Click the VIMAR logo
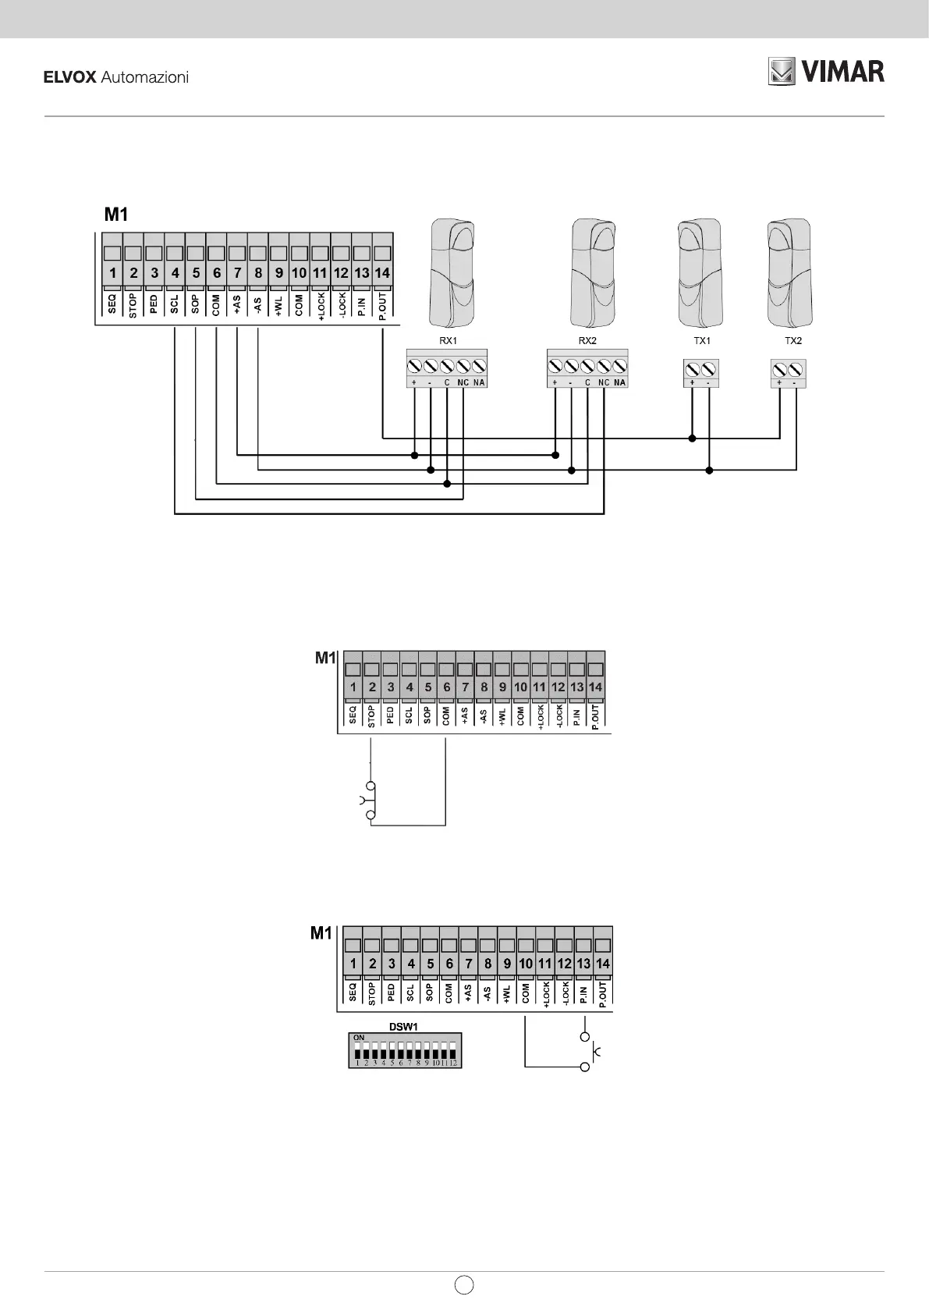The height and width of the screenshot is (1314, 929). (826, 72)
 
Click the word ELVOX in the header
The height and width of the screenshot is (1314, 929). (69, 77)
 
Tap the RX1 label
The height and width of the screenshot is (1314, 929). (448, 341)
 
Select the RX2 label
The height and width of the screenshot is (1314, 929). (587, 341)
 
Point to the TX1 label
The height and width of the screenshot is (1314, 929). (702, 341)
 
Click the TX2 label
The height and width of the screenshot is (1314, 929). (792, 341)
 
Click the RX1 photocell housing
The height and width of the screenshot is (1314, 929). (452, 273)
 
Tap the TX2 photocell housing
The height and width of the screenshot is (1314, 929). (789, 273)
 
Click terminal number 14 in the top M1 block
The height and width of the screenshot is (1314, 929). (382, 273)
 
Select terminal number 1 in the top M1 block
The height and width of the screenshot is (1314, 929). (113, 273)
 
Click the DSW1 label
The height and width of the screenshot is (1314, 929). (404, 1026)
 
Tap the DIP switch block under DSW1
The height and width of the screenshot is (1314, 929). (405, 1050)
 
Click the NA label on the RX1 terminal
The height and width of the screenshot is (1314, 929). (479, 382)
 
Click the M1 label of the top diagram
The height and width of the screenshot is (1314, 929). (116, 214)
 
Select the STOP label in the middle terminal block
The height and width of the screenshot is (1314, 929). (371, 716)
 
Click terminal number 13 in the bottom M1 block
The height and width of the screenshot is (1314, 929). (583, 964)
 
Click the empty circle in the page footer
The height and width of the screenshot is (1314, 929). (464, 1284)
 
